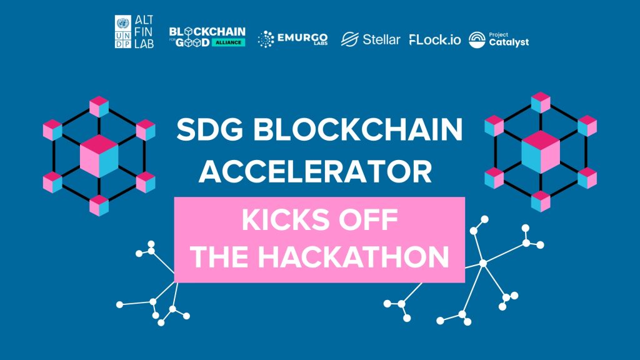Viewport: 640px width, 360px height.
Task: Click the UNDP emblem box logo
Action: point(123,31)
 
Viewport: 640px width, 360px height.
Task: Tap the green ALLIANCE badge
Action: point(228,42)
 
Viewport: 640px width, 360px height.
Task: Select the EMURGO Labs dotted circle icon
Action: point(266,39)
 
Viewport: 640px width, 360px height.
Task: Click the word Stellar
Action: point(381,39)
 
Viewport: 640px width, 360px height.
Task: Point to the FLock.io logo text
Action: point(435,39)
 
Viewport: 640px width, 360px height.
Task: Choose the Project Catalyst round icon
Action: point(477,39)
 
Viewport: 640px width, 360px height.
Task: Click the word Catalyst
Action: point(509,42)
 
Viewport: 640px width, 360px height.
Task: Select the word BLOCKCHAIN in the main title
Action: point(358,129)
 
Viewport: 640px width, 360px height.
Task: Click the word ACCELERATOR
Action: point(315,171)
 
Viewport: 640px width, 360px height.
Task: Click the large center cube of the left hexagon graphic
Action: point(99,156)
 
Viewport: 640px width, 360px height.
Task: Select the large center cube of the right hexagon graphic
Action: point(541,152)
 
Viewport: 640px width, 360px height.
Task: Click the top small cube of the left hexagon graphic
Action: point(99,107)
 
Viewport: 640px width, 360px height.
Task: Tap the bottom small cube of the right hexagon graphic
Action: point(541,201)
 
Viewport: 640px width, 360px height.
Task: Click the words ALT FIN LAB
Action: point(144,31)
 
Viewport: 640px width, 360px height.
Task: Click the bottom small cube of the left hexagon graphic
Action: point(99,205)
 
